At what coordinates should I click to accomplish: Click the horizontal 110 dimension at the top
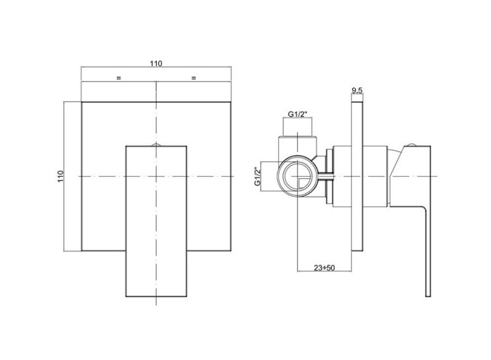pos(156,64)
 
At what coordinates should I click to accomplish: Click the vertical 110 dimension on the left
pos(61,177)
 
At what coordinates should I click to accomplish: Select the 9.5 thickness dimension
pos(356,91)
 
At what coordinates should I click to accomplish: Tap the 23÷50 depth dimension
pos(325,268)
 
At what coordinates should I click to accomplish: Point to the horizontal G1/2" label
pos(297,115)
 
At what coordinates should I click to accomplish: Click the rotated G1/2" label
pos(258,177)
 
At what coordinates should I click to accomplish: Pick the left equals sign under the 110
pos(118,78)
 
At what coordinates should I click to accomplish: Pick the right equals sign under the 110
pos(194,78)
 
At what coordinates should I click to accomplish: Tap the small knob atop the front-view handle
pos(156,145)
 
